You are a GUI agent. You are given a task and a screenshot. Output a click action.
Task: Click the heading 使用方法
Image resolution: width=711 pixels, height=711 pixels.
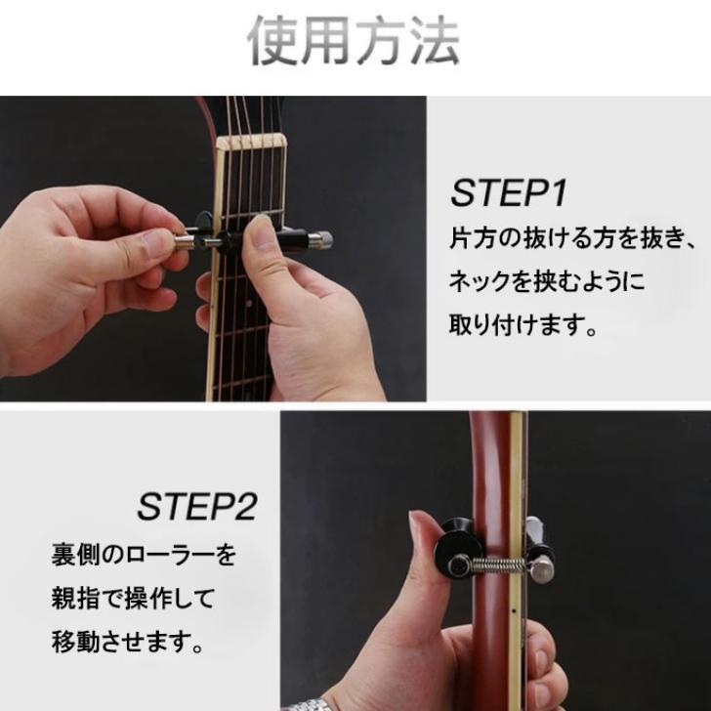[354, 40]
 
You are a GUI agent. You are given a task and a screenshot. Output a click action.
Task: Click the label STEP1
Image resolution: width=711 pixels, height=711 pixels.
[508, 193]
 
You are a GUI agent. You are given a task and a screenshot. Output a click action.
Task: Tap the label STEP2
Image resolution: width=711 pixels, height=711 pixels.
[197, 507]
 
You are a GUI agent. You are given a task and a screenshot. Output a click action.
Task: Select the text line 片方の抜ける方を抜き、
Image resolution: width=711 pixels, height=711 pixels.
[572, 238]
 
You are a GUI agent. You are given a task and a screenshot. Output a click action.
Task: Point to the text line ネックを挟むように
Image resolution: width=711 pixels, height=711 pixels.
[546, 281]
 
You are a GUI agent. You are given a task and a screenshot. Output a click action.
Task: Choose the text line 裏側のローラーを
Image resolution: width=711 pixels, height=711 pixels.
[144, 555]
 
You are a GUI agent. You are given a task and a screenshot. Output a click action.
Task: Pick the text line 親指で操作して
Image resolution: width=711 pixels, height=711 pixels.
[133, 599]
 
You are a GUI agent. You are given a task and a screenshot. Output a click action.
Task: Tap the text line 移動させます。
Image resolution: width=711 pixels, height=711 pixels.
[127, 642]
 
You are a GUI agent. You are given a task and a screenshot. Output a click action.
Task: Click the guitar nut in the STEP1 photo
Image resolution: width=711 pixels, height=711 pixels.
[250, 142]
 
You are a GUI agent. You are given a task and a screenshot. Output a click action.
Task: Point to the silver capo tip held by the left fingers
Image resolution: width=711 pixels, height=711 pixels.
[184, 242]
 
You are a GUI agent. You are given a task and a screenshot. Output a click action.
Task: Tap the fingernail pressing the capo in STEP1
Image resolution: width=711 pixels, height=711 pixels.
[260, 226]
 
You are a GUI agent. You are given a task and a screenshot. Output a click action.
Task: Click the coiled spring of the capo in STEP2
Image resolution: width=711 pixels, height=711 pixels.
[497, 565]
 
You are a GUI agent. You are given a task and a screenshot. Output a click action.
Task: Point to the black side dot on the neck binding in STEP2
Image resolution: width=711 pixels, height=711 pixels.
[514, 610]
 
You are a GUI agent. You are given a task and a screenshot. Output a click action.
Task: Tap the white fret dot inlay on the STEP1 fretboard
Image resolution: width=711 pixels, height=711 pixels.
[248, 302]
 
